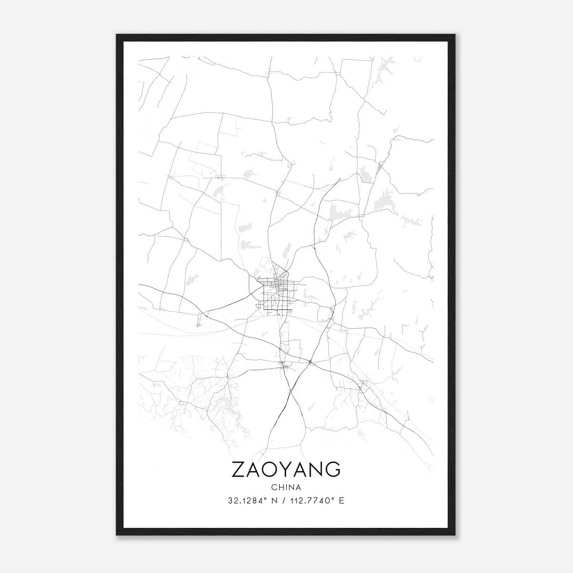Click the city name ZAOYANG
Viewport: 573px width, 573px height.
[286, 469]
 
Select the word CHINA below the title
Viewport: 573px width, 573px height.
[286, 487]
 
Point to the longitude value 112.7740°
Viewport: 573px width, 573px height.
[310, 501]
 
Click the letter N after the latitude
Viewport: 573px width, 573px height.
[275, 501]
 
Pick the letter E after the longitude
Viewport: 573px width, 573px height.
[341, 501]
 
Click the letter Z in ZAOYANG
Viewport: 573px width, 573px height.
[239, 469]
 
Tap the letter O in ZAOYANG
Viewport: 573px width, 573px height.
[274, 469]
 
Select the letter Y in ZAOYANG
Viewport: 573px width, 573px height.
[290, 469]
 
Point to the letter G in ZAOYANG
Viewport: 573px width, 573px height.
[333, 469]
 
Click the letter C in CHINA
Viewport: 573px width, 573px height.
[274, 487]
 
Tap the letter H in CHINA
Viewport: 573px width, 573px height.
[280, 487]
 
